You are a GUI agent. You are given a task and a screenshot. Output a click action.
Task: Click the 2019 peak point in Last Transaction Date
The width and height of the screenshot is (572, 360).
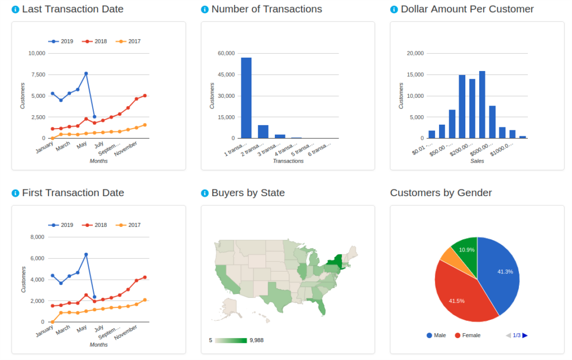point(86,73)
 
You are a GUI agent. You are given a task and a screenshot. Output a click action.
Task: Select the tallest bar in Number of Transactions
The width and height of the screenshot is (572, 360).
point(246,98)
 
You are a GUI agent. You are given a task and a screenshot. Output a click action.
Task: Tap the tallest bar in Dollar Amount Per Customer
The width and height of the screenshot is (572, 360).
point(482,105)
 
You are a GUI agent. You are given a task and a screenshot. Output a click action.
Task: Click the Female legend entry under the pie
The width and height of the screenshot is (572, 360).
point(468,335)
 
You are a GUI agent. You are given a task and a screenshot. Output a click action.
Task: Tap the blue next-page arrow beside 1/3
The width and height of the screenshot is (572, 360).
point(525,335)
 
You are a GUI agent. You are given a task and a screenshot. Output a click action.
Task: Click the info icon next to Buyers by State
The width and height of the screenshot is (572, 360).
point(204,193)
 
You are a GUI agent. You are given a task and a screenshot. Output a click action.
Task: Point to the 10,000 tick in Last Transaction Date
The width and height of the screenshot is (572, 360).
point(36,53)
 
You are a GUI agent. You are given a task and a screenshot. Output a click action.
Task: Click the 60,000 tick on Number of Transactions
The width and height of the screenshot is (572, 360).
point(226,53)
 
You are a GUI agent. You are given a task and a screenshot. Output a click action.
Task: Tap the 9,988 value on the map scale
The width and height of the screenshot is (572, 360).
point(256,340)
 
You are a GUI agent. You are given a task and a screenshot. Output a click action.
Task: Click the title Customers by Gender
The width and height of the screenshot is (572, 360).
point(441,193)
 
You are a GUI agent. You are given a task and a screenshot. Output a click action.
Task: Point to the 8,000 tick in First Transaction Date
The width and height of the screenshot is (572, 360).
point(36,237)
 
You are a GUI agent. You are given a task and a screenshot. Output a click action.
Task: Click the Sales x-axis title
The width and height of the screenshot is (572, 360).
point(477,161)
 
